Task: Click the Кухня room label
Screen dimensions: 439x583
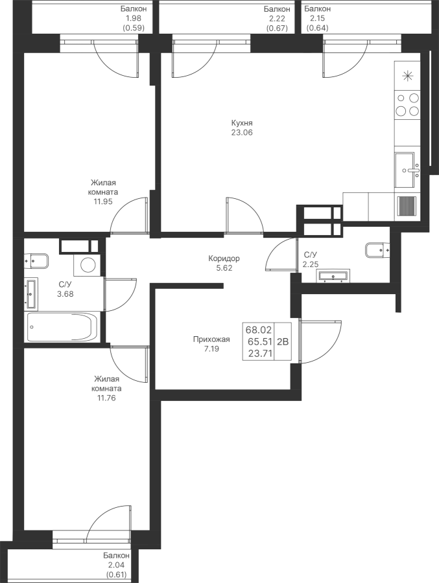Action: coord(242,123)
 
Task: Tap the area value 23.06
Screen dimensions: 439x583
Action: coord(242,132)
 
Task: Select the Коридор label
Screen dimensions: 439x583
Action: coord(224,258)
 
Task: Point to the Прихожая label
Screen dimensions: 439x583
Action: coord(211,339)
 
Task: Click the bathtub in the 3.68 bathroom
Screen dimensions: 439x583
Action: coord(62,327)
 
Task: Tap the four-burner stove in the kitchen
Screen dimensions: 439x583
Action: coord(407,104)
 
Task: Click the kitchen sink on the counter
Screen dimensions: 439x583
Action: coord(407,170)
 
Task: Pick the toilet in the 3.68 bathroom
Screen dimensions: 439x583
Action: coord(36,261)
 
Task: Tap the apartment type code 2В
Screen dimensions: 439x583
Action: coord(283,341)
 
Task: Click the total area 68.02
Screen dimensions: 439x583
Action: coord(259,330)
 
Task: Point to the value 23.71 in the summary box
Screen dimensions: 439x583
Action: coord(260,353)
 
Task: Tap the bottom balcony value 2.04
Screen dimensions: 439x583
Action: coord(117,565)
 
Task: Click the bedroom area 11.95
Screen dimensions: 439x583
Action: coord(103,201)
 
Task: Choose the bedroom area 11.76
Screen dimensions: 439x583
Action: coord(106,398)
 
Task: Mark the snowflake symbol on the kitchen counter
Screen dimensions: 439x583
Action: coord(408,76)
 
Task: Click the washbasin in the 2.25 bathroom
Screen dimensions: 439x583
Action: coord(333,275)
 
